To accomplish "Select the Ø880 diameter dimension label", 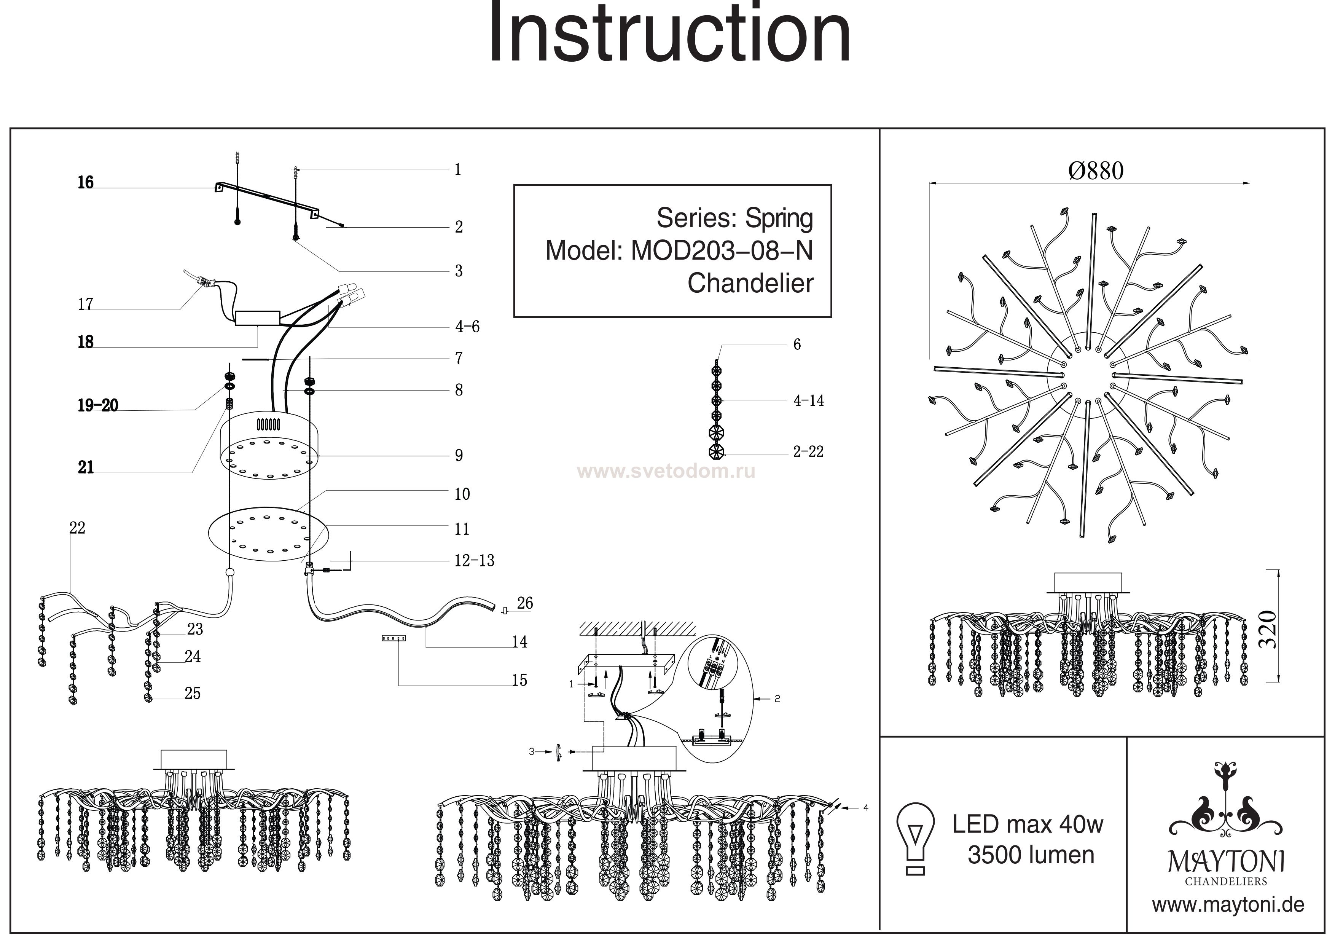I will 1096,171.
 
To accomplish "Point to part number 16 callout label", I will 86,183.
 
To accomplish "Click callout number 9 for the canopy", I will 459,455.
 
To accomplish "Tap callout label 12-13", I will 474,561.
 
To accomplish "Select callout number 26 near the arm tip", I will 524,603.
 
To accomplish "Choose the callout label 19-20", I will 98,405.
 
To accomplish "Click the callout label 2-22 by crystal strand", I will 808,451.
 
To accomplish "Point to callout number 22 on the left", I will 77,528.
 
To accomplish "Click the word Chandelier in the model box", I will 750,284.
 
